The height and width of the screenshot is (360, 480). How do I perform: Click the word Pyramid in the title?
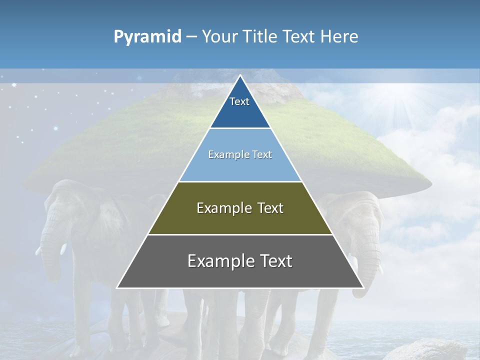pyautogui.click(x=147, y=37)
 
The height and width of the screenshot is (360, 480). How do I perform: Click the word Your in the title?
pyautogui.click(x=219, y=36)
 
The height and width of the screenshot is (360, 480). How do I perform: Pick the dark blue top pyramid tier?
pyautogui.click(x=240, y=112)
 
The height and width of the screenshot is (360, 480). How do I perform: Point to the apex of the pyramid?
pyautogui.click(x=240, y=76)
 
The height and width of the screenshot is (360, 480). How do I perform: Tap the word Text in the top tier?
pyautogui.click(x=239, y=101)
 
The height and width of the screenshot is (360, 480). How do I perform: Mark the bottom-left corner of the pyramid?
pyautogui.click(x=117, y=287)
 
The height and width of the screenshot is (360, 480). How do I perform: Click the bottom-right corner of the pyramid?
pyautogui.click(x=363, y=287)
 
